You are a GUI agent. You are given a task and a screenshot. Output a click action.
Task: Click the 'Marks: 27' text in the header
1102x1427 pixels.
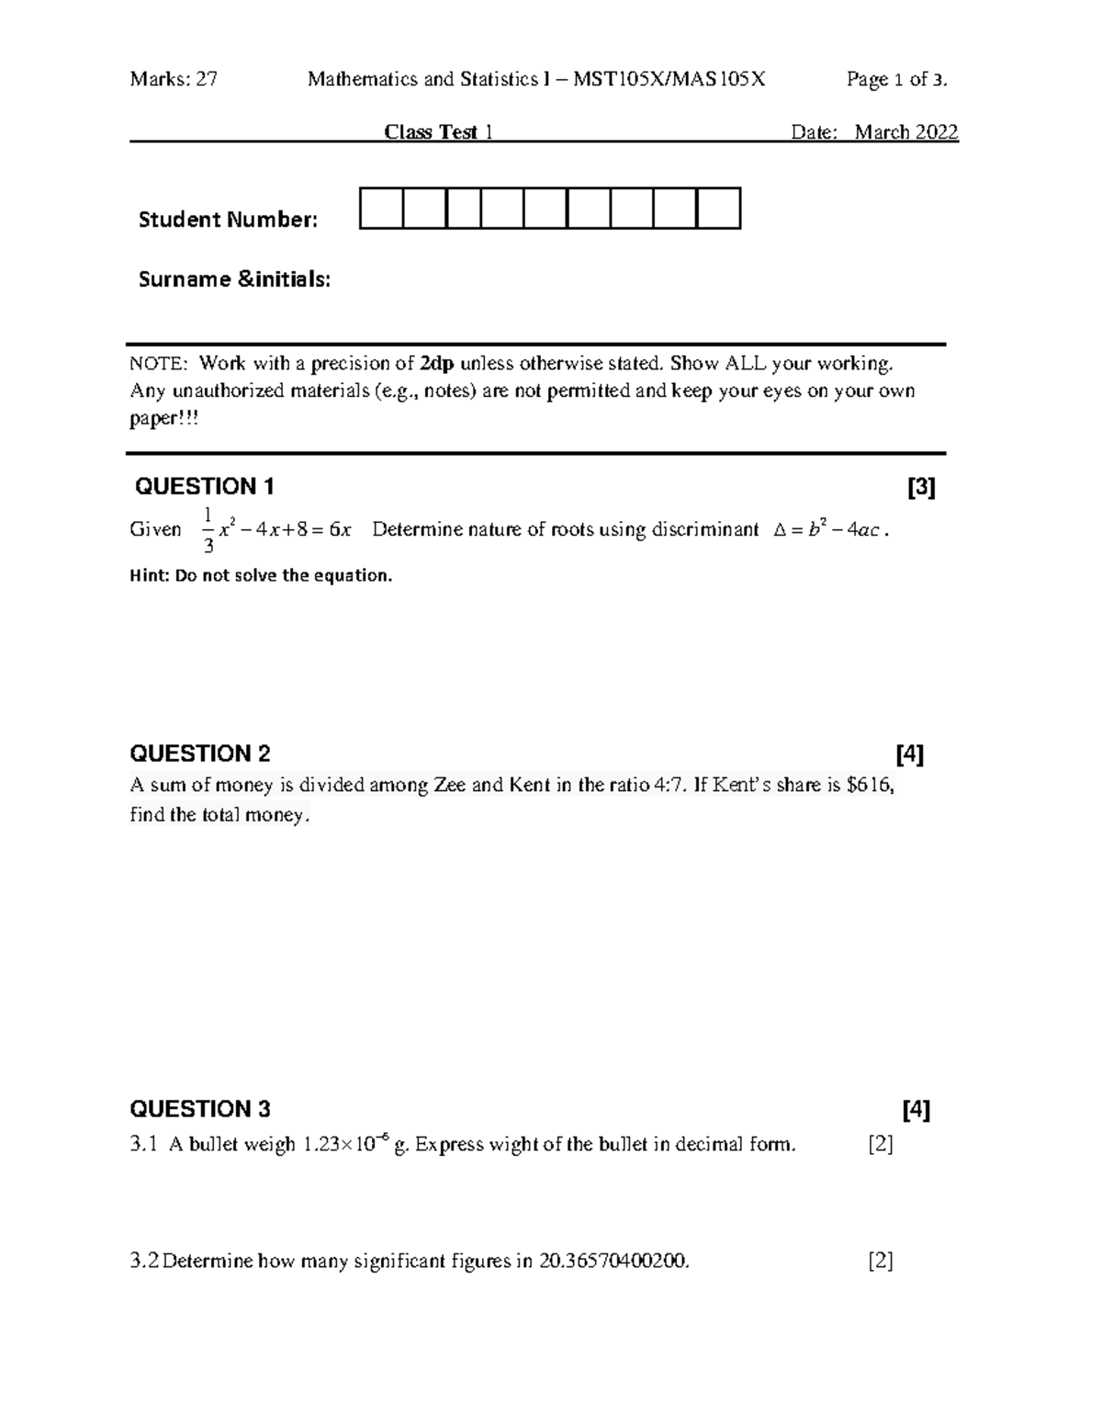tap(174, 80)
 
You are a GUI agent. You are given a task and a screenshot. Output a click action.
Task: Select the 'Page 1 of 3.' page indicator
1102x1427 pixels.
tap(896, 80)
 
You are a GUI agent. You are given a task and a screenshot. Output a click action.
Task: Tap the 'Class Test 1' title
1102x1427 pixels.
tap(439, 132)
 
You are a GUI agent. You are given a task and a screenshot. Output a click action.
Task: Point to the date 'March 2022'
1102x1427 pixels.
tap(906, 132)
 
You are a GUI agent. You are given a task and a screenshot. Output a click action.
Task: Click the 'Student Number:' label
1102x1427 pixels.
tap(228, 220)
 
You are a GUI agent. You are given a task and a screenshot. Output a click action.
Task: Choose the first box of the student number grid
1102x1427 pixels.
tap(381, 208)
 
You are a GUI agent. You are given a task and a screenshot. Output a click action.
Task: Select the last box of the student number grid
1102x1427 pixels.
tap(718, 208)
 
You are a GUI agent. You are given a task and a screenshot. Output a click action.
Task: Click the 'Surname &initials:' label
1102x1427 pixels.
tap(234, 279)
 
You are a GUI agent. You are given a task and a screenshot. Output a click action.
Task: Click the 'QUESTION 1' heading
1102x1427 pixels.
tap(204, 486)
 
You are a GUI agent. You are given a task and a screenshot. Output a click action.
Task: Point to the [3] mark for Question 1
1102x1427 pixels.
tap(920, 487)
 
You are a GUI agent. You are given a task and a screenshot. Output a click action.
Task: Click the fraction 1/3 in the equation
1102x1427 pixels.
tap(208, 529)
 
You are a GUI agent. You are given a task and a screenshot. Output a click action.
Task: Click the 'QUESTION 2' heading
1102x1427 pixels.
tap(200, 754)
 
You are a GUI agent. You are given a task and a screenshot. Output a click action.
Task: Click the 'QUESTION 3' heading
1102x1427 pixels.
tap(200, 1109)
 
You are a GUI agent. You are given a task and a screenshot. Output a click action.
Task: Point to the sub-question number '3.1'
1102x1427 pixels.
tap(144, 1145)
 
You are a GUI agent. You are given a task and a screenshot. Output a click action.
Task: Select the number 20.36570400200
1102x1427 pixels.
tap(613, 1262)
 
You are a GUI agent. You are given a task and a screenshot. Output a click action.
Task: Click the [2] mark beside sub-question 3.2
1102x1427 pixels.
tap(881, 1262)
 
